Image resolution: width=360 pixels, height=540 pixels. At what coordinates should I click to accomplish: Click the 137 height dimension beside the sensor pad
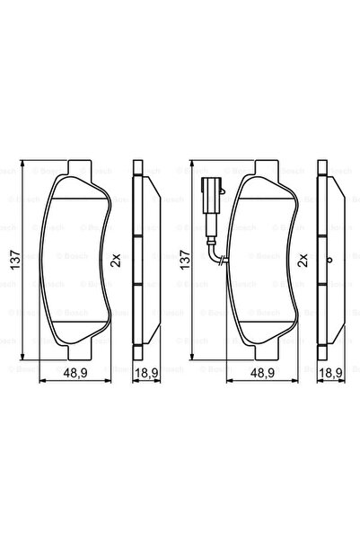click(186, 261)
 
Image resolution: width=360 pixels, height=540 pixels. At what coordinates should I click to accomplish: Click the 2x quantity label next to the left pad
click(115, 261)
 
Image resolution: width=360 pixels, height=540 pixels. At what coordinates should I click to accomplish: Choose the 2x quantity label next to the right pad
click(303, 261)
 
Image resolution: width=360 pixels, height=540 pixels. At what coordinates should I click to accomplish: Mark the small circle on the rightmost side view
click(329, 261)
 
